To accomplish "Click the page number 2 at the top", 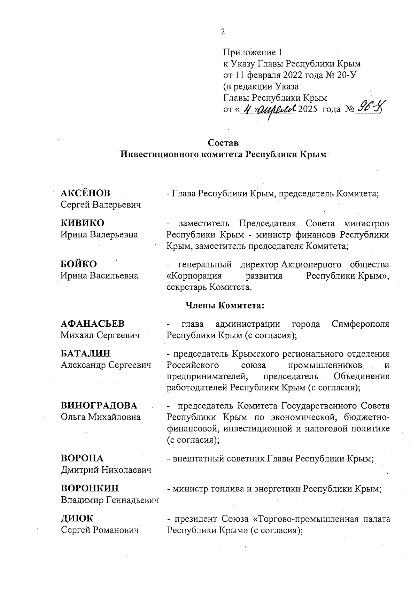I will tap(223, 32).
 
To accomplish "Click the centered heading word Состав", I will tap(223, 143).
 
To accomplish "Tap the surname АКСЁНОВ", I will tap(85, 193).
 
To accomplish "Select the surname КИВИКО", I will tap(83, 223).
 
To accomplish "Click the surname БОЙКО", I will tap(79, 264).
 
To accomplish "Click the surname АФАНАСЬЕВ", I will tap(93, 324).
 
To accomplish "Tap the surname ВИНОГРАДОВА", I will tap(99, 405).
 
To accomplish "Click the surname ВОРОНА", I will tap(82, 458).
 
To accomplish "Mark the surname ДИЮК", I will tap(77, 518).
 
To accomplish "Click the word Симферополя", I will tap(360, 324).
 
